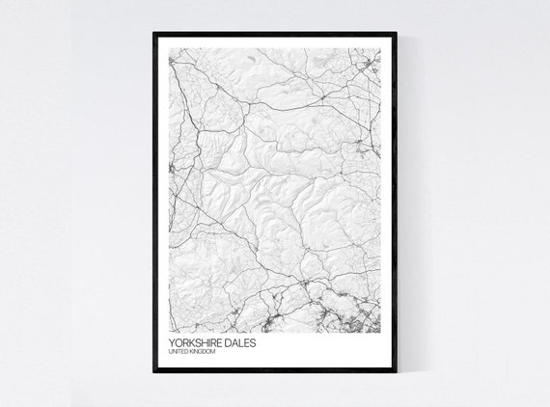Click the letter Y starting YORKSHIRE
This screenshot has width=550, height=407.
[x=170, y=341]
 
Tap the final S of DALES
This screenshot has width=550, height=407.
[x=255, y=341]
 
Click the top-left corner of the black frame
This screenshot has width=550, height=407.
[x=154, y=34]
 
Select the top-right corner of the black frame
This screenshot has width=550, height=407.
[x=396, y=34]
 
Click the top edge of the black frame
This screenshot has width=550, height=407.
[x=275, y=34]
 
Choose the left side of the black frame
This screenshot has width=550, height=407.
[x=154, y=203]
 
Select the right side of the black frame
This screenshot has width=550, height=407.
[x=396, y=203]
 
